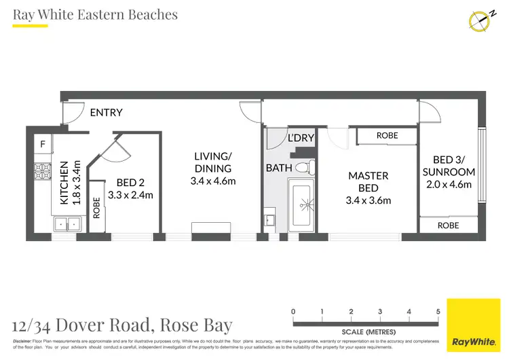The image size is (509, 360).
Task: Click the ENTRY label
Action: [x=107, y=113]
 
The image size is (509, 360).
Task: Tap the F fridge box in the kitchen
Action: [x=43, y=144]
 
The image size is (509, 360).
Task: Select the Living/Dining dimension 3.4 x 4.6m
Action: [x=212, y=181]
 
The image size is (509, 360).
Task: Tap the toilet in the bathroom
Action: [x=307, y=167]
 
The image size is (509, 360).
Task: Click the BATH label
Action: [x=280, y=167]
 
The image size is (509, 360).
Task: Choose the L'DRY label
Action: [x=301, y=138]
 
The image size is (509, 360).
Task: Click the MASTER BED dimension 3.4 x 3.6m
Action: [x=368, y=200]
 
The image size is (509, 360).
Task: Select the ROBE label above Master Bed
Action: [x=387, y=136]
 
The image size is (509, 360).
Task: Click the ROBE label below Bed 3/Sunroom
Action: [x=448, y=226]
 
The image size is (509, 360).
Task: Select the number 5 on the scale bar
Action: [x=438, y=311]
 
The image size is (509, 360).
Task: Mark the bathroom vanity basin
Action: [x=269, y=219]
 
